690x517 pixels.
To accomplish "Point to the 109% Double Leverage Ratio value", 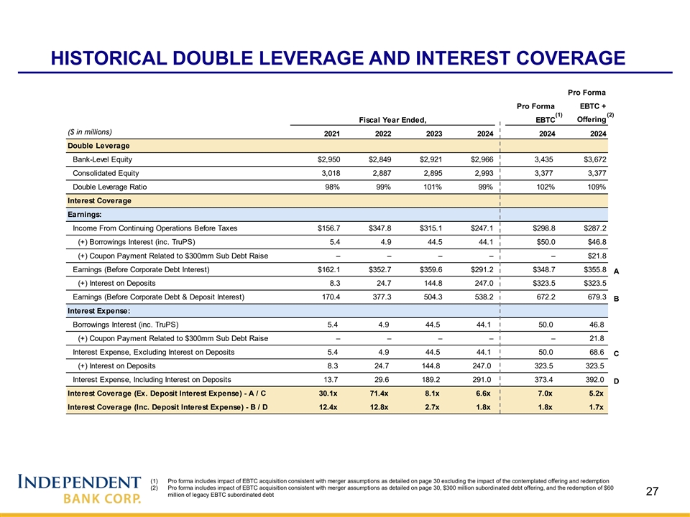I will [x=594, y=187].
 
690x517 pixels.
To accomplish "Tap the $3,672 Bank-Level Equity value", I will [x=592, y=159].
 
